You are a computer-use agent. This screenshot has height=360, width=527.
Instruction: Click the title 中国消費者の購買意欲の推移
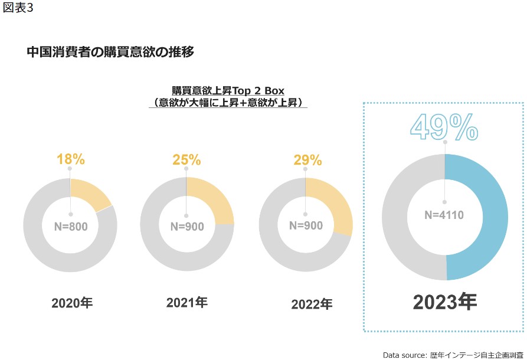[x=110, y=52]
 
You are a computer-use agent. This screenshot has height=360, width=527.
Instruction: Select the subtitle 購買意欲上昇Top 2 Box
[x=228, y=91]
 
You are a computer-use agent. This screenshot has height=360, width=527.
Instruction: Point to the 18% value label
[x=71, y=159]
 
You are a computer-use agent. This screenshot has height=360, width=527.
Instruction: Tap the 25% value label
[x=186, y=159]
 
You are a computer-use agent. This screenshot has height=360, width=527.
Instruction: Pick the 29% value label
[x=307, y=160]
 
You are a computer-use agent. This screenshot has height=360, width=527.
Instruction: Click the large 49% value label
[x=444, y=127]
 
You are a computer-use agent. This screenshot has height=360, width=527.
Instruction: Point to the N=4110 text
[x=444, y=215]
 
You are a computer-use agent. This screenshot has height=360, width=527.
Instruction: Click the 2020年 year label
[x=72, y=303]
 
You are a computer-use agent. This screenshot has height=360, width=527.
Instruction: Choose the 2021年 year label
[x=186, y=303]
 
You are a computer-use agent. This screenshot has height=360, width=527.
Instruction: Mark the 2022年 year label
[x=312, y=305]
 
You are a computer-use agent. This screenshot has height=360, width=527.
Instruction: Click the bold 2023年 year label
[x=445, y=302]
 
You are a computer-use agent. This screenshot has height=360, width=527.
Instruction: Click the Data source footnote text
[x=453, y=355]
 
